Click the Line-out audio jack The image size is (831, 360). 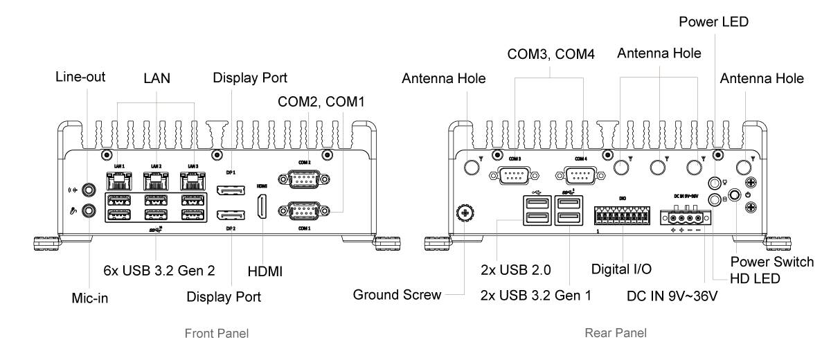coord(88,188)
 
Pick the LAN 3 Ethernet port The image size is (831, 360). coord(193,182)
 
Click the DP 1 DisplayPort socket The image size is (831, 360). coord(230,190)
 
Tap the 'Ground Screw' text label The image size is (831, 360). coord(397,295)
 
